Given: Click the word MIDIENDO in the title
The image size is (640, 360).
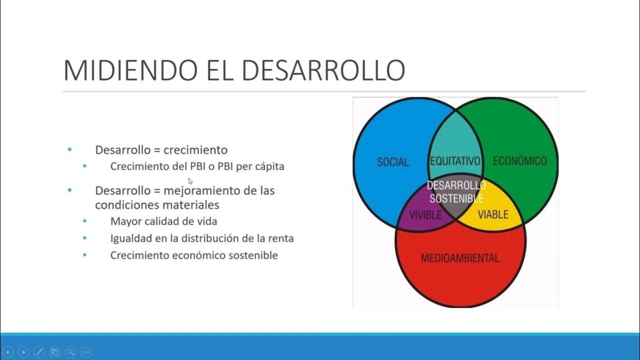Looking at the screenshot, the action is coord(131,70).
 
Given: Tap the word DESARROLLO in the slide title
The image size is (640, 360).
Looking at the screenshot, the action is coord(323,70).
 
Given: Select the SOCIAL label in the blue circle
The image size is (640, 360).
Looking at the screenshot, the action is coord(392,162).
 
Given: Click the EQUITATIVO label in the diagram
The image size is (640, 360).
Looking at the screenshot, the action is coord(455,161).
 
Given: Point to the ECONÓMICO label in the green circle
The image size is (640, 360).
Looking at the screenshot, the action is coord(519,161).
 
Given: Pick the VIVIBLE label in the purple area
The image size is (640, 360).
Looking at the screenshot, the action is coord(425,215).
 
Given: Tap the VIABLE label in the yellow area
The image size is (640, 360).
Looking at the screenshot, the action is coord(493,214).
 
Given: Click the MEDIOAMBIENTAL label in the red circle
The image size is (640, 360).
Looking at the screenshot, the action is coord(460,258).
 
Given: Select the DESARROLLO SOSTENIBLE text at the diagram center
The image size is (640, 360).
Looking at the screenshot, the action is coord(456,192).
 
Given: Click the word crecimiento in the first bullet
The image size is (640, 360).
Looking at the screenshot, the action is coord(196,150).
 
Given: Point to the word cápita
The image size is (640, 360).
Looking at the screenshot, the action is coord(270,166).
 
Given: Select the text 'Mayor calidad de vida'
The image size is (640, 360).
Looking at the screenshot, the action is coord(164,221).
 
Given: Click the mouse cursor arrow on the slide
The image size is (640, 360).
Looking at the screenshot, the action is coord(190,181).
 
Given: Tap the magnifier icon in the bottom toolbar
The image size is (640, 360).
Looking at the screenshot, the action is coord(71,352).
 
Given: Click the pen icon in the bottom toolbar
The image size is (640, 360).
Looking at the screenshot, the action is coord(39,352).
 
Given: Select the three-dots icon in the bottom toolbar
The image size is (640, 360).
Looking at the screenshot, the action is coord(86,352).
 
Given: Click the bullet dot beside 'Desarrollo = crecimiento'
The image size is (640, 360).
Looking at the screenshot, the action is coord(70,150).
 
